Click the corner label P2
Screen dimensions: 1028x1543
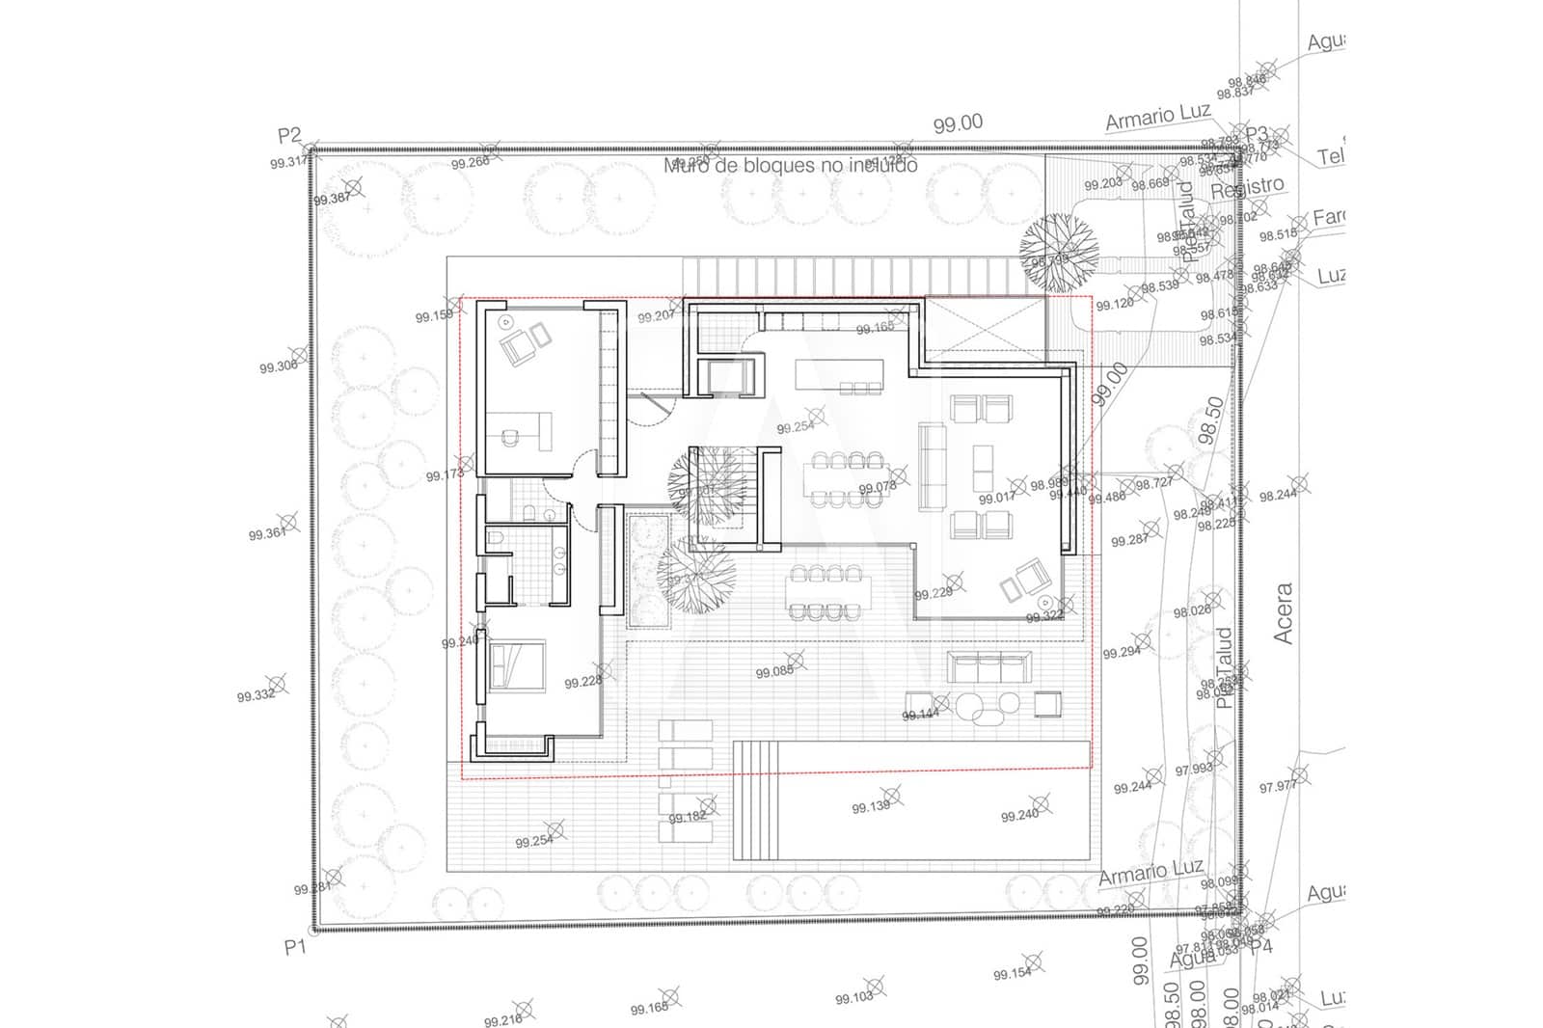(289, 136)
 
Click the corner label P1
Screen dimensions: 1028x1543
(294, 947)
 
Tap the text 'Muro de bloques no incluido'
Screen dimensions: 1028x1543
(790, 166)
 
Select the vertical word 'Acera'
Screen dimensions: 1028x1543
(1283, 613)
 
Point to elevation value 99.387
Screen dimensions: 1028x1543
(332, 199)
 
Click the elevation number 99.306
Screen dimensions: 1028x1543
(278, 366)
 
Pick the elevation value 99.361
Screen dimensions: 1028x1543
(267, 533)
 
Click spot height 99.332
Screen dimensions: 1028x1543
(256, 695)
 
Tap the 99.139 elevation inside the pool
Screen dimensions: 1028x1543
(871, 806)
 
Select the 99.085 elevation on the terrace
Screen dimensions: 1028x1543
(774, 671)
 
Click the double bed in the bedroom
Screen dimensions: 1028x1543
(518, 665)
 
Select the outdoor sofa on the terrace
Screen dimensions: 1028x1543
(989, 666)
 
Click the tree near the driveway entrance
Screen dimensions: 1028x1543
(1059, 253)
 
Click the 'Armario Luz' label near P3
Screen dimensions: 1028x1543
(1157, 118)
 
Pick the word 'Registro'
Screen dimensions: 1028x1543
(1247, 187)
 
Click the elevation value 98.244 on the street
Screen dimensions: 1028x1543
(1278, 495)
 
